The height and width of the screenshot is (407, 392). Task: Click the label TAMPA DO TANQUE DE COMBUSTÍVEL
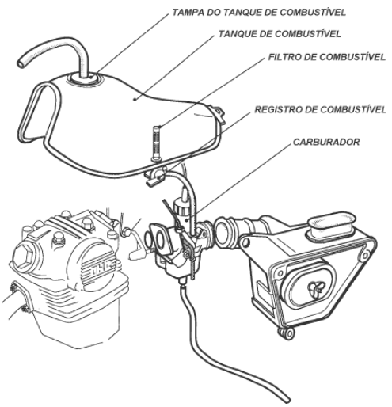tap(259, 13)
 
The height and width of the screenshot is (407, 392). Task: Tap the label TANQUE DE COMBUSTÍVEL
tap(280, 34)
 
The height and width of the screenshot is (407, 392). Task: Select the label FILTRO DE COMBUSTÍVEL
tap(327, 57)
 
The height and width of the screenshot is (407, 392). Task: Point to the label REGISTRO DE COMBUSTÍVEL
tap(320, 109)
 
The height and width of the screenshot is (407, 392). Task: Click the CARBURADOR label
tap(326, 142)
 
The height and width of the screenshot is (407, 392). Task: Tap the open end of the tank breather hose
tap(21, 63)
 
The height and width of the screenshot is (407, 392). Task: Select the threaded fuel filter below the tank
tap(156, 143)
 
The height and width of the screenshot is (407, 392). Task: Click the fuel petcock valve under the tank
tap(155, 177)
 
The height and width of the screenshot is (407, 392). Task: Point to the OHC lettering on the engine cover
tap(105, 268)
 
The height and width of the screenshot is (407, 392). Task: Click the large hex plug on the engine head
tap(24, 254)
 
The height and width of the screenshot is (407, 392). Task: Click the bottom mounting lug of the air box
tap(287, 333)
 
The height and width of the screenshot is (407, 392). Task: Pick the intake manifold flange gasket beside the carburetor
tap(161, 239)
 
